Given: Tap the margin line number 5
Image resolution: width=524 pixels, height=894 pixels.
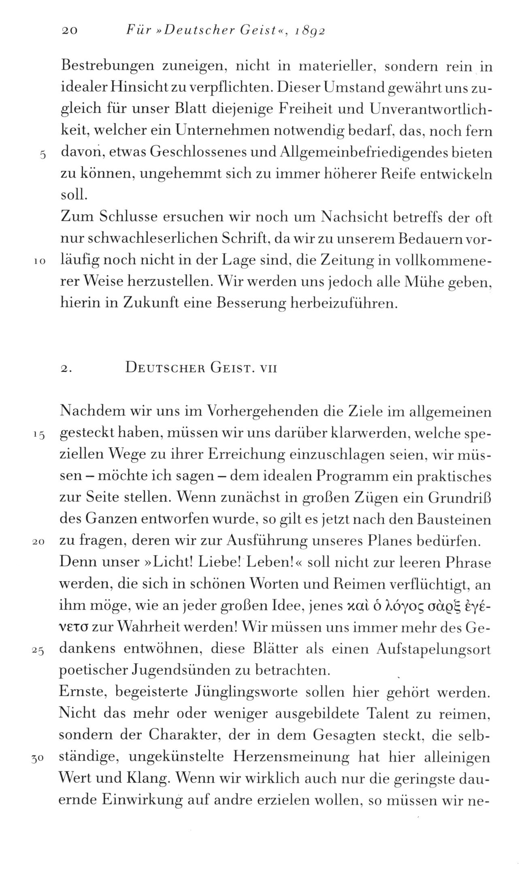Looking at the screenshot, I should [43, 155].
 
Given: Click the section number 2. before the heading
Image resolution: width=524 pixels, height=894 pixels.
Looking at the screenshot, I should [66, 368].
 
